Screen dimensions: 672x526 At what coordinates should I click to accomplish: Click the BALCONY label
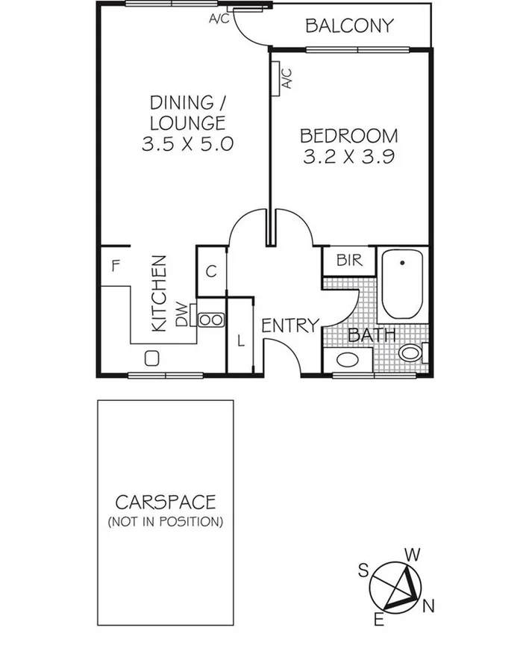click(x=348, y=26)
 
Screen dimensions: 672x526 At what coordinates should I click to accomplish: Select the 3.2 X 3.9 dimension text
click(x=348, y=157)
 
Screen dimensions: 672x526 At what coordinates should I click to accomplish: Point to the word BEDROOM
click(x=348, y=136)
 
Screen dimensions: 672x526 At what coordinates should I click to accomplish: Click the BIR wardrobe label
click(x=349, y=261)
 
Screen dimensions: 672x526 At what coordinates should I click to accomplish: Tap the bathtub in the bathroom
click(x=402, y=284)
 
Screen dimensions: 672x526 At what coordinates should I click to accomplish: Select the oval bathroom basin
click(x=348, y=360)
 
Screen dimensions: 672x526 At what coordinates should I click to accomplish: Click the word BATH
click(x=372, y=335)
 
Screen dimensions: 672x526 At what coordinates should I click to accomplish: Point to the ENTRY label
click(x=289, y=325)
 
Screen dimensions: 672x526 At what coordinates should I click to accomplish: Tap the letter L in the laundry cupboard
click(x=240, y=341)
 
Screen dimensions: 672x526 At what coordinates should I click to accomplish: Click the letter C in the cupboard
click(x=211, y=272)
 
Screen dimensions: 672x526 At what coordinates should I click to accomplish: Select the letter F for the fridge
click(x=116, y=265)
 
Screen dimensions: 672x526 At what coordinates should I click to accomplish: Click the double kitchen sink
click(x=210, y=320)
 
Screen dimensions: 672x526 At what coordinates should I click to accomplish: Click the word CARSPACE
click(x=165, y=501)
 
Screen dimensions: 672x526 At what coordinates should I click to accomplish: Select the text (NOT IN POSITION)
click(x=165, y=521)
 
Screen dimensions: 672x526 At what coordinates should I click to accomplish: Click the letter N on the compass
click(x=428, y=607)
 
